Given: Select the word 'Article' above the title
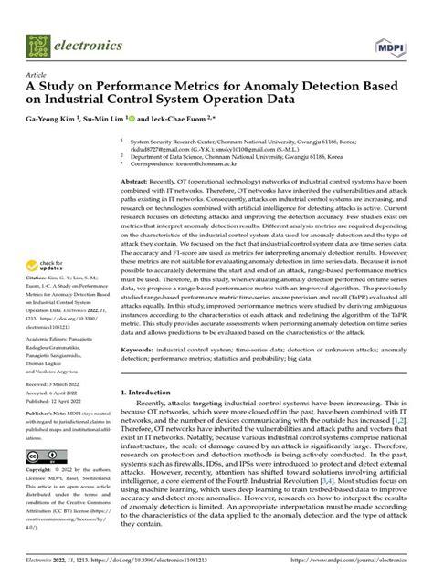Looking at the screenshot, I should click(37, 77).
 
